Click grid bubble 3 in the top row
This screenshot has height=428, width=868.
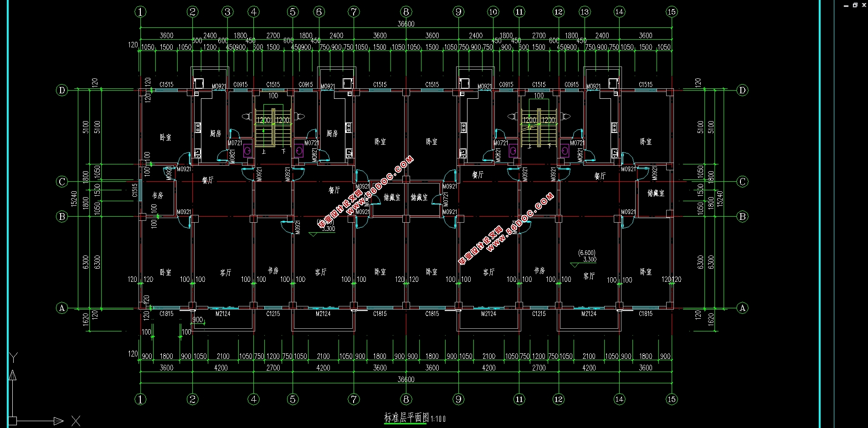228,12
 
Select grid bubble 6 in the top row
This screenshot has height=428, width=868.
319,12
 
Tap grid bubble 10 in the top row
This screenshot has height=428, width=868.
493,12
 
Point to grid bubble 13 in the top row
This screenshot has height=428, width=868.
585,12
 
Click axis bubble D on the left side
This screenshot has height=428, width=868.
62,90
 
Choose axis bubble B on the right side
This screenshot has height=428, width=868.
742,216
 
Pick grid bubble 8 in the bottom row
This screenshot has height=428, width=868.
406,399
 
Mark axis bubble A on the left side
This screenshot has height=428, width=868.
62,308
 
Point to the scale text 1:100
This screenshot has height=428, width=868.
438,419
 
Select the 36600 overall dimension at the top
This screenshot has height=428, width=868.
406,24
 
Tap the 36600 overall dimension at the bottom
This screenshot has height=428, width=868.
406,379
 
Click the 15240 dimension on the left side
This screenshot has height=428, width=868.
74,199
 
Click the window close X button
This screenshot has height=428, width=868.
864,5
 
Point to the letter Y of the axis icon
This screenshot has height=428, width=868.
14,357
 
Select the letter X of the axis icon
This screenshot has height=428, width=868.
76,421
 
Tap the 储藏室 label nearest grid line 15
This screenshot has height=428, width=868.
656,194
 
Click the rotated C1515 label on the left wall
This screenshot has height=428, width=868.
135,190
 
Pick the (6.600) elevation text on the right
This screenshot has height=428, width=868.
586,253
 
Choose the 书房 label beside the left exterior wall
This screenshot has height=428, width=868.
158,195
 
